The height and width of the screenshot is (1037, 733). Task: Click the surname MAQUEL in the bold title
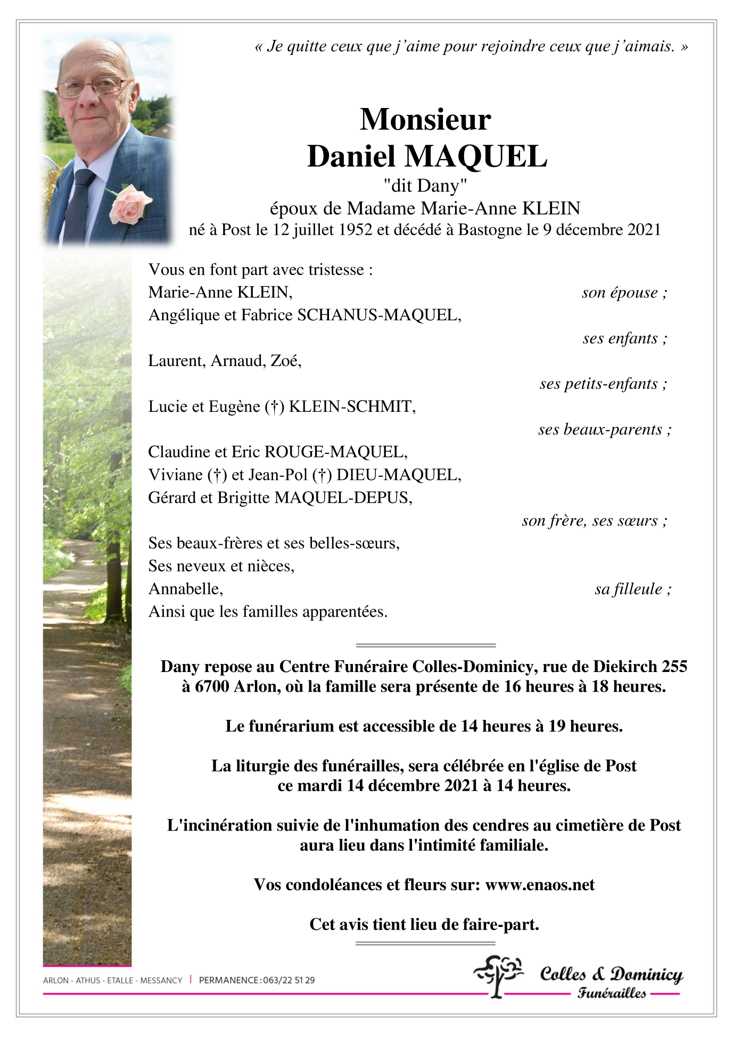476,157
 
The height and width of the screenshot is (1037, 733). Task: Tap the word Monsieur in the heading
425,119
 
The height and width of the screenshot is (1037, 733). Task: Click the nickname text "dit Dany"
425,186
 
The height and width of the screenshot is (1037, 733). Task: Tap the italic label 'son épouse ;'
624,293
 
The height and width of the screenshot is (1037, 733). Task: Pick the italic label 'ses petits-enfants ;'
603,384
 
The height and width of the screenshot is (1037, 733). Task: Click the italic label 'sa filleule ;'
632,589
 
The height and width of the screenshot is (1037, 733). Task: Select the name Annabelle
185,589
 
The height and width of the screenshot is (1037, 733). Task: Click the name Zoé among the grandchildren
285,361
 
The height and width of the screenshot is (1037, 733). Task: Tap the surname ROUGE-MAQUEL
335,452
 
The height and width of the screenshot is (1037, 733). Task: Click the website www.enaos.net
540,885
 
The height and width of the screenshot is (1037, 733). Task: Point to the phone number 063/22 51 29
289,980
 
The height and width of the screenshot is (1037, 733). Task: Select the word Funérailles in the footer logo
612,993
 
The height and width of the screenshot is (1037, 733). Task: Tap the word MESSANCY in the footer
161,980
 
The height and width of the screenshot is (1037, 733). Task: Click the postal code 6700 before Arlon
212,687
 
